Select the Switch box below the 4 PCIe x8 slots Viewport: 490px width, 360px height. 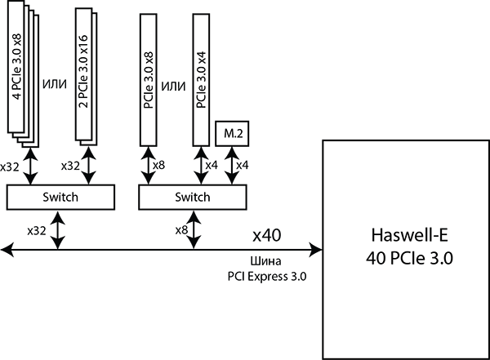point(60,197)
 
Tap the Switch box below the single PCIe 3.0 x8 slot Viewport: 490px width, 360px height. point(193,197)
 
